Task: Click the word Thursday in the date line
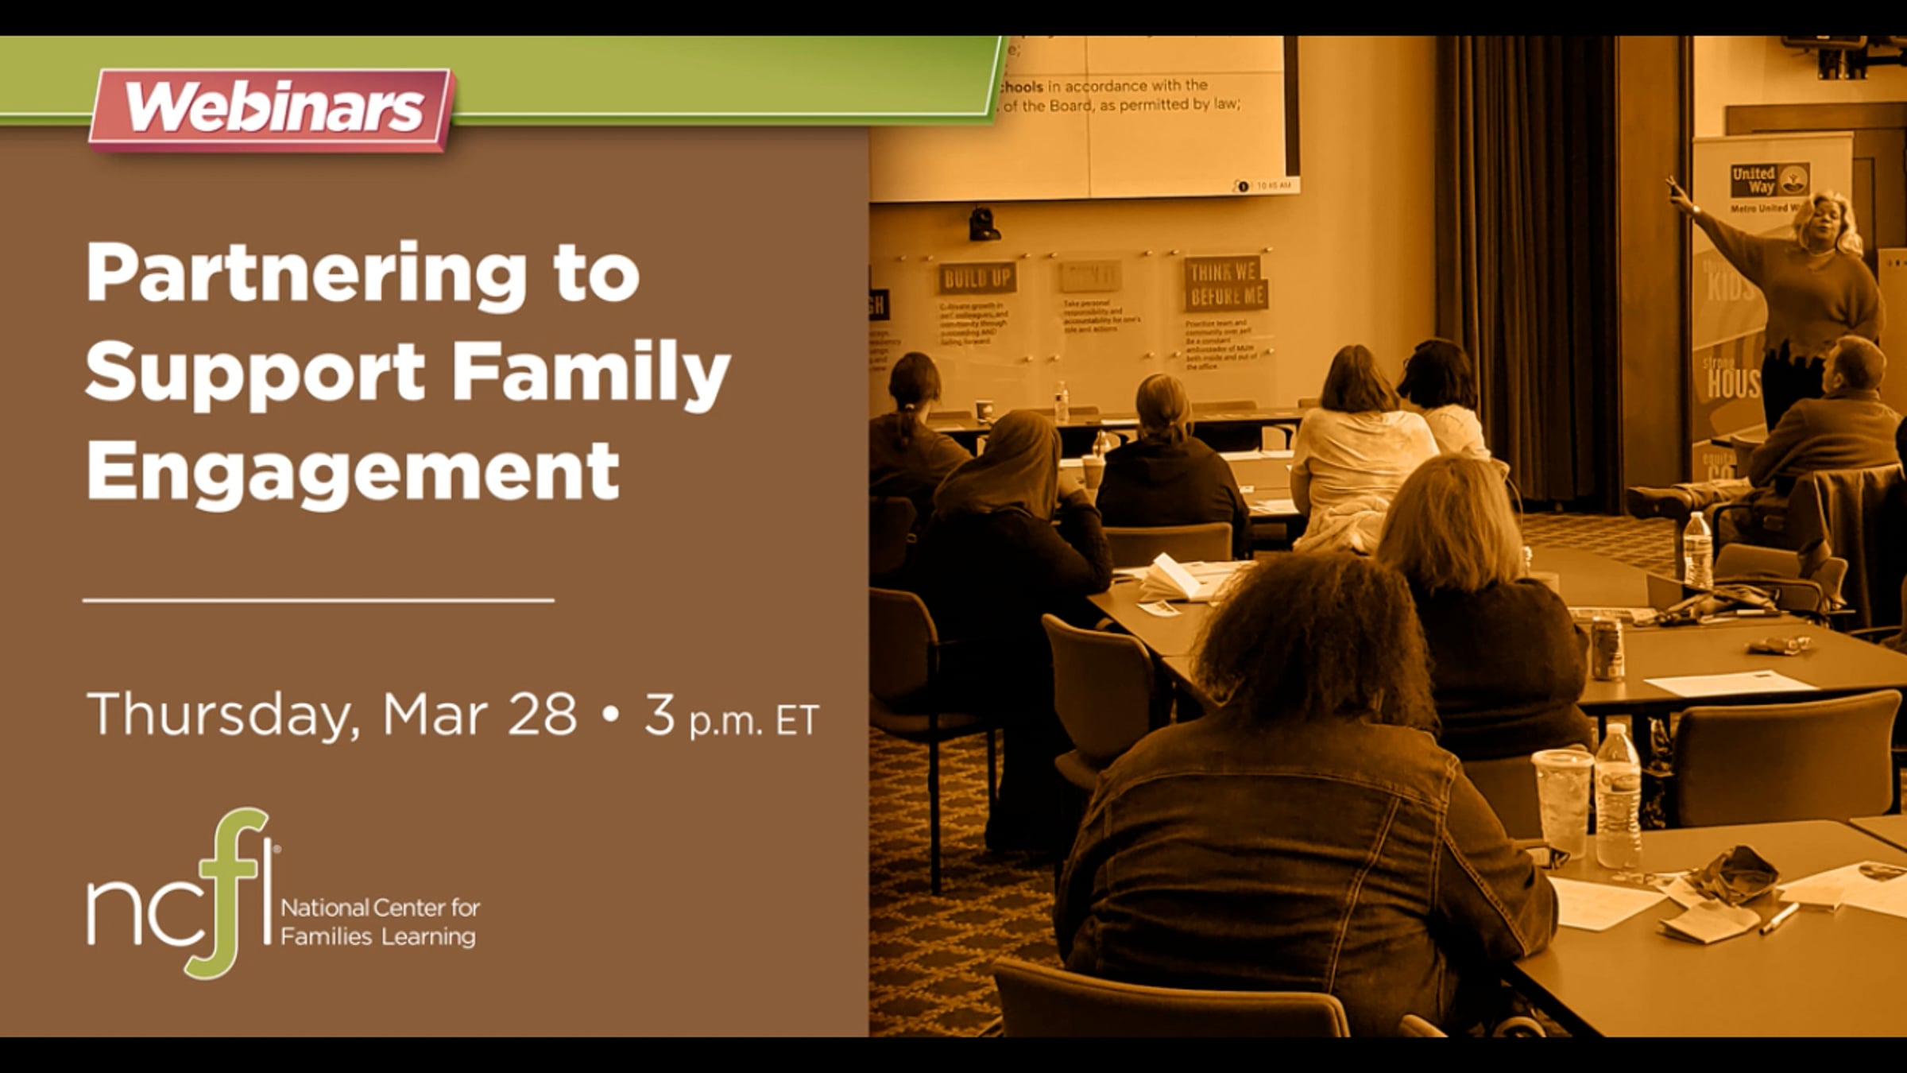[218, 715]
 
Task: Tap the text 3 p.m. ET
[730, 716]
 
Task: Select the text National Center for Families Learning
[379, 922]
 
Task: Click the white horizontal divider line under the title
[318, 600]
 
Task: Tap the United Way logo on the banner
[1769, 181]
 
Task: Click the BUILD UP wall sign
[977, 278]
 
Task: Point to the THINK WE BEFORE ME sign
[1224, 284]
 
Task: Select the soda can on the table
[1607, 648]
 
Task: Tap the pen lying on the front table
[1778, 919]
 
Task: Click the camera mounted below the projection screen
[983, 223]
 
